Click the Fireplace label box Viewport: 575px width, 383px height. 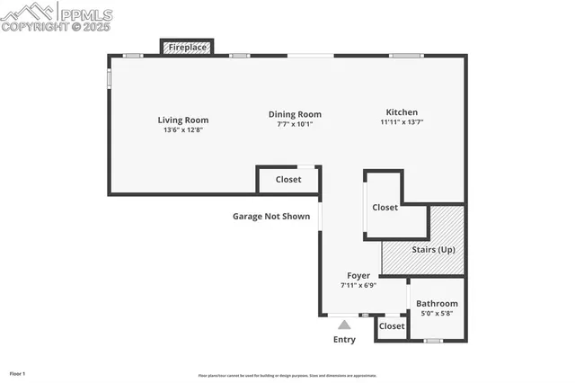point(186,47)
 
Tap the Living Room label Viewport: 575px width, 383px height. point(183,120)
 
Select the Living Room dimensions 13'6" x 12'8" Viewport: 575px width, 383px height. point(183,130)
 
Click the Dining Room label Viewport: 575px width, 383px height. point(295,114)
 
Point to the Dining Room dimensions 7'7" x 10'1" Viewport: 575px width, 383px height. point(295,124)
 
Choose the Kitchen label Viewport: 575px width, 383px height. point(401,112)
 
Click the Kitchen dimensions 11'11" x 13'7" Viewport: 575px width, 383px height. point(401,122)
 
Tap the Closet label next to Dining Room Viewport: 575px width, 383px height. point(288,180)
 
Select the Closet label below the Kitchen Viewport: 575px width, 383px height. point(385,208)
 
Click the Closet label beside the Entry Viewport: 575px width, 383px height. point(392,326)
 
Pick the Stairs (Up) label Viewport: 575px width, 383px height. point(433,249)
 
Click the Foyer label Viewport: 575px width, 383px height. point(358,275)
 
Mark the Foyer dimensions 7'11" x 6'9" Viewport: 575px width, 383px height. point(358,285)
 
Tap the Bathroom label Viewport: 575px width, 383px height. point(437,304)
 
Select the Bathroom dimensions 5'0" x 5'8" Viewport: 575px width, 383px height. point(437,314)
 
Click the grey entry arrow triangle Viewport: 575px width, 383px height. point(344,325)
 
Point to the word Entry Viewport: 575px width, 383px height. point(344,340)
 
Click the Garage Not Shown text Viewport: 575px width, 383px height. point(271,216)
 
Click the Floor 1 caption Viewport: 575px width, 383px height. point(18,372)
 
